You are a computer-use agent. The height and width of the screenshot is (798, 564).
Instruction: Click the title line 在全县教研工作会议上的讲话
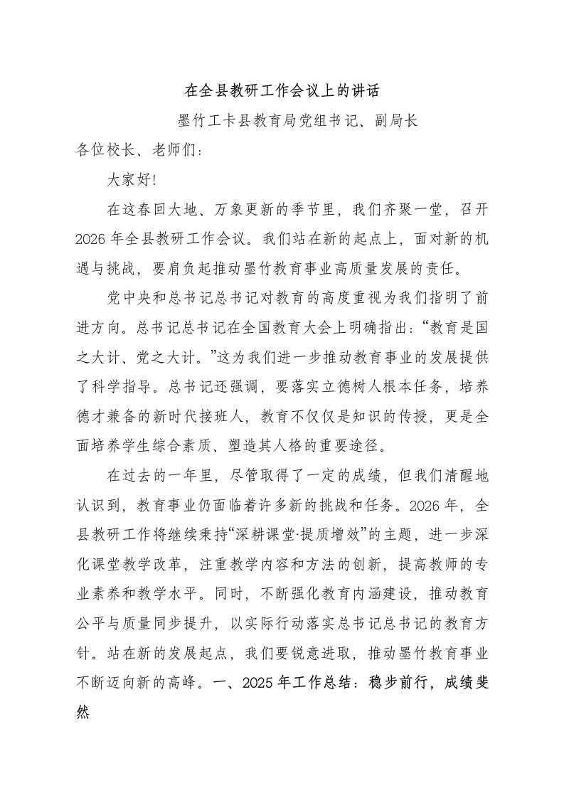click(282, 91)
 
